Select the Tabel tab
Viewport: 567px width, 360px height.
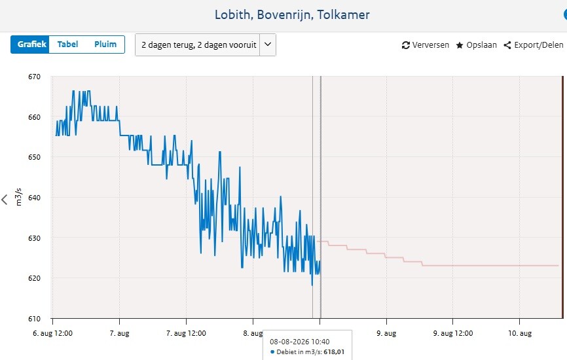tap(67, 45)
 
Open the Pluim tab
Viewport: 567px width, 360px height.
tap(105, 45)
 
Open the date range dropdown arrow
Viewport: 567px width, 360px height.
tap(268, 45)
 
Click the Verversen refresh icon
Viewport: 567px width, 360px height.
tap(406, 45)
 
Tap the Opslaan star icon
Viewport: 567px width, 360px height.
tap(460, 45)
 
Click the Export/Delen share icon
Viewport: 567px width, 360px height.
tap(507, 45)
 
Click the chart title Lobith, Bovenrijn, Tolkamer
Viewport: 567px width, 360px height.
tap(292, 15)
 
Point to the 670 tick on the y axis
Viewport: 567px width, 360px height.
tap(34, 77)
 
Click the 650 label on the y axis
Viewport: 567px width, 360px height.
tap(34, 157)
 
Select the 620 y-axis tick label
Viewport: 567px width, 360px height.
tap(34, 278)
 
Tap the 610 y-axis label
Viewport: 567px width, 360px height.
tap(34, 319)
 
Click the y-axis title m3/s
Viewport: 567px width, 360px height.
tap(18, 197)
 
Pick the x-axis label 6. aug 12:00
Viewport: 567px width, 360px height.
tap(53, 333)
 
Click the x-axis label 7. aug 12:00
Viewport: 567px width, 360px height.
tap(186, 333)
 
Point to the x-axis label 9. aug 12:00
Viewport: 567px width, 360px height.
tap(453, 333)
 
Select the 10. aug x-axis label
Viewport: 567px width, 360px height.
tap(520, 333)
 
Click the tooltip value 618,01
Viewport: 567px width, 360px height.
tap(334, 351)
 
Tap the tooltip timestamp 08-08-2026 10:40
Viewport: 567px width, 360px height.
tap(300, 342)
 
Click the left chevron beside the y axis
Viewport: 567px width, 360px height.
tap(5, 200)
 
